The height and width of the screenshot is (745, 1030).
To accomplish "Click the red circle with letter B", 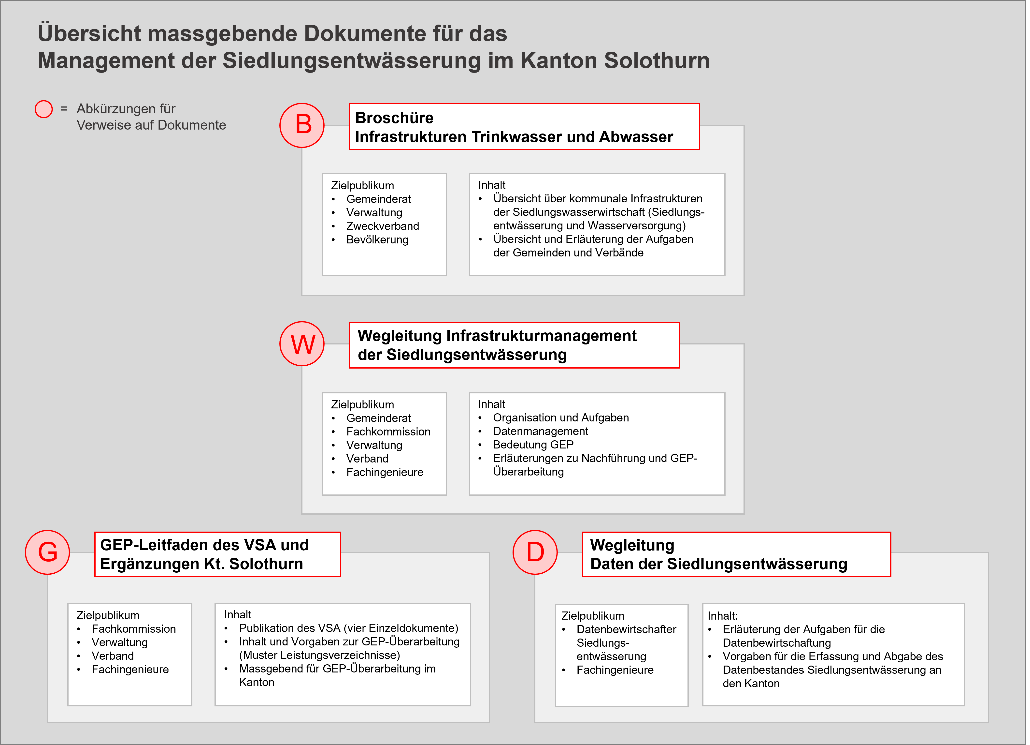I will (302, 125).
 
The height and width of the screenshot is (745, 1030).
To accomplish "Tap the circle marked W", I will (302, 344).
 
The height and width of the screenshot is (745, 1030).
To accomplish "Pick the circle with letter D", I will (535, 552).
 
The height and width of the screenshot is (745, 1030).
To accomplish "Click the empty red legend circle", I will (43, 109).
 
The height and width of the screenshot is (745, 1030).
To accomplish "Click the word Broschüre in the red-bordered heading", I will (394, 118).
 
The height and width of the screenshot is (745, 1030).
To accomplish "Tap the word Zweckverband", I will (382, 226).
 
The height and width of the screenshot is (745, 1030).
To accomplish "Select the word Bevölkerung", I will (377, 239).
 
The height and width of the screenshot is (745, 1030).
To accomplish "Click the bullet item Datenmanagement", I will (541, 431).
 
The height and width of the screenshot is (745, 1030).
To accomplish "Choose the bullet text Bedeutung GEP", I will (533, 445).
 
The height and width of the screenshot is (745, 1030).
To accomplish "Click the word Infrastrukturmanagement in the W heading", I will (541, 335).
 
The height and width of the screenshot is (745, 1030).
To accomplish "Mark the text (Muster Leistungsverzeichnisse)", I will (319, 655).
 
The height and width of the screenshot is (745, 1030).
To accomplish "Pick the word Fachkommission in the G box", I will (133, 629).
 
